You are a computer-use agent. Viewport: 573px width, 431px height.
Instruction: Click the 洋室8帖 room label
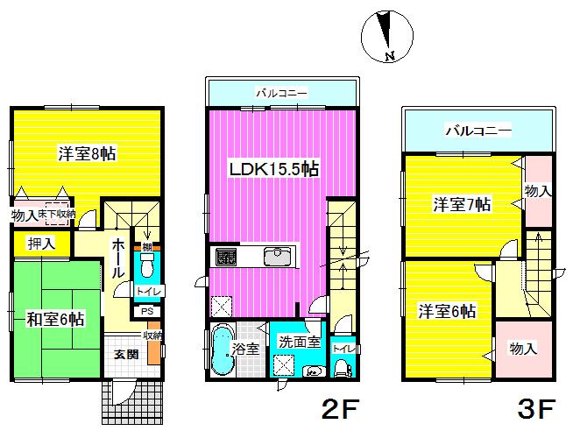87,154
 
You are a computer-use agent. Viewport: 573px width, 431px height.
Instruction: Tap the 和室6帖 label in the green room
54,320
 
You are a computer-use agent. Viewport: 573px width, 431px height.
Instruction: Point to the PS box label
145,310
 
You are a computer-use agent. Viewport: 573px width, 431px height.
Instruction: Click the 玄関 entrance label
125,355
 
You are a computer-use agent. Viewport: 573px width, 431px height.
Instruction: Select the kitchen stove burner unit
225,257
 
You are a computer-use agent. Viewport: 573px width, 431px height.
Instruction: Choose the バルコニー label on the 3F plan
477,131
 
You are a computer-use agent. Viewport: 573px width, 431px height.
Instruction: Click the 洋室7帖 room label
462,204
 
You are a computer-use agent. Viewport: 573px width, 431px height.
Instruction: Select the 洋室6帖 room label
447,310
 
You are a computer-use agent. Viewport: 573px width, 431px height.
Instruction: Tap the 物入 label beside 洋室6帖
523,349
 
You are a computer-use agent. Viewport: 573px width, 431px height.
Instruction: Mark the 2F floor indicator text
338,409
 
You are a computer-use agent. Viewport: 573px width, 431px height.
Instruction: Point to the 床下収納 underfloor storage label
56,213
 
